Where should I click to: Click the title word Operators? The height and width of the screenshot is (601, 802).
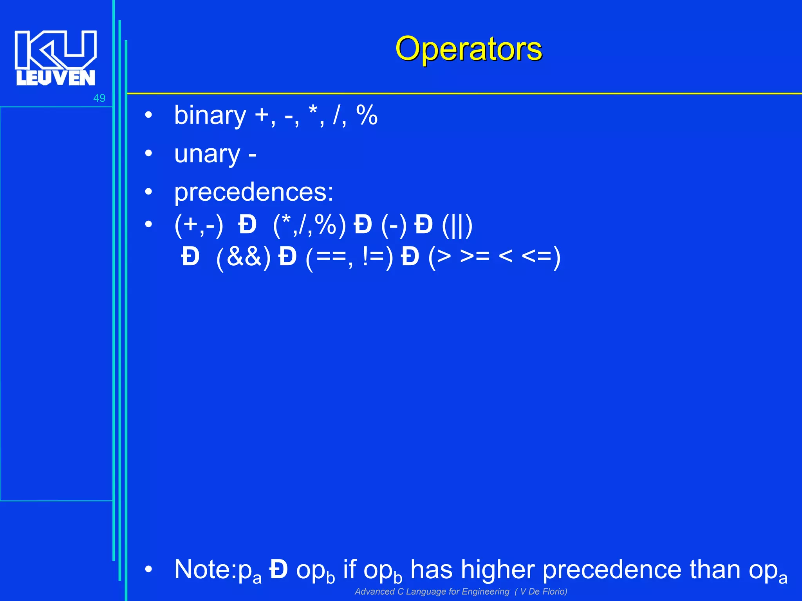coord(468,49)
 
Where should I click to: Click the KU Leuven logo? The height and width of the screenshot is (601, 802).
coord(56,58)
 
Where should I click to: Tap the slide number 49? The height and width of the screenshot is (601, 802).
coord(99,98)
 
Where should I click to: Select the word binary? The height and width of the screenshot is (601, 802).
coord(210,116)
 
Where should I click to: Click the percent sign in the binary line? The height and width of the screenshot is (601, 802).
coord(367,116)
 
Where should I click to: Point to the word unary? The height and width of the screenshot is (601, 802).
coord(207,154)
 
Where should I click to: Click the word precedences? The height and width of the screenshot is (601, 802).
coord(254,193)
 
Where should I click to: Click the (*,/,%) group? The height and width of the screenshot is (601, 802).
coord(309,226)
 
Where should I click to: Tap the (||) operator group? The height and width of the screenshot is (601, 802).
coord(457,226)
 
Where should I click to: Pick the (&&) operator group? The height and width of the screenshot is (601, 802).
coord(244,258)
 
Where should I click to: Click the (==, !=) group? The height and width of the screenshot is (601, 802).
coord(349,258)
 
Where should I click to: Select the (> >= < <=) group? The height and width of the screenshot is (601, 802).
coord(494,258)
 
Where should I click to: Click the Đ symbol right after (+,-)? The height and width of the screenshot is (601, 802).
coord(247,226)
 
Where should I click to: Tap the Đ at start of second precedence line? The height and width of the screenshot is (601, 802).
coord(191,258)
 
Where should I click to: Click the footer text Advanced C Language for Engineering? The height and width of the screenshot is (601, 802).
coord(432,592)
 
